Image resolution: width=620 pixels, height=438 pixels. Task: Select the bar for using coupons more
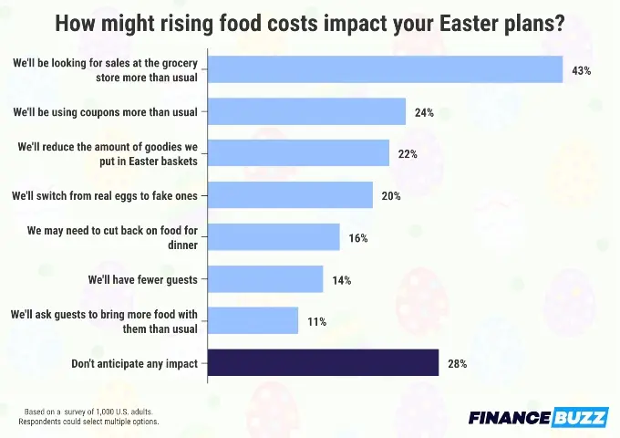pyautogui.click(x=307, y=111)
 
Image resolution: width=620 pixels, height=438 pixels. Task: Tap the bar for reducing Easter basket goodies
pyautogui.click(x=299, y=153)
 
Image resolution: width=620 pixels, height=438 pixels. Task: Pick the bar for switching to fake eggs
pyautogui.click(x=291, y=195)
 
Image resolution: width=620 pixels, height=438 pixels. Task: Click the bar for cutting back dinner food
pyautogui.click(x=274, y=237)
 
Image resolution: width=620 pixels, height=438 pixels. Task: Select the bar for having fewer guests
pyautogui.click(x=266, y=279)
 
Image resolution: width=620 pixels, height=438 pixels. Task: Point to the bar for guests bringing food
pyautogui.click(x=253, y=321)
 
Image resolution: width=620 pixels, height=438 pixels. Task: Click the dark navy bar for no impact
pyautogui.click(x=324, y=363)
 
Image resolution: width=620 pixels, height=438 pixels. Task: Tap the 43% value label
pyautogui.click(x=582, y=70)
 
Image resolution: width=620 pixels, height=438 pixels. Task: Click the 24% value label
pyautogui.click(x=424, y=112)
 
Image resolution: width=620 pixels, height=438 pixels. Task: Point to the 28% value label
pyautogui.click(x=457, y=364)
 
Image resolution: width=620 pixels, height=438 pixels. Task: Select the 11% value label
pyautogui.click(x=316, y=322)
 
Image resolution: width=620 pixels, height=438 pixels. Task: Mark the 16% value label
pyautogui.click(x=357, y=238)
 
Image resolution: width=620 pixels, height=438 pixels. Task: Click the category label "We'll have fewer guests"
pyautogui.click(x=143, y=279)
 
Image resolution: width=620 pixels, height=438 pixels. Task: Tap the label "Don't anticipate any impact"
pyautogui.click(x=135, y=364)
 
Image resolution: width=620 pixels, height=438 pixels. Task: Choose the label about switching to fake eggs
pyautogui.click(x=108, y=195)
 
